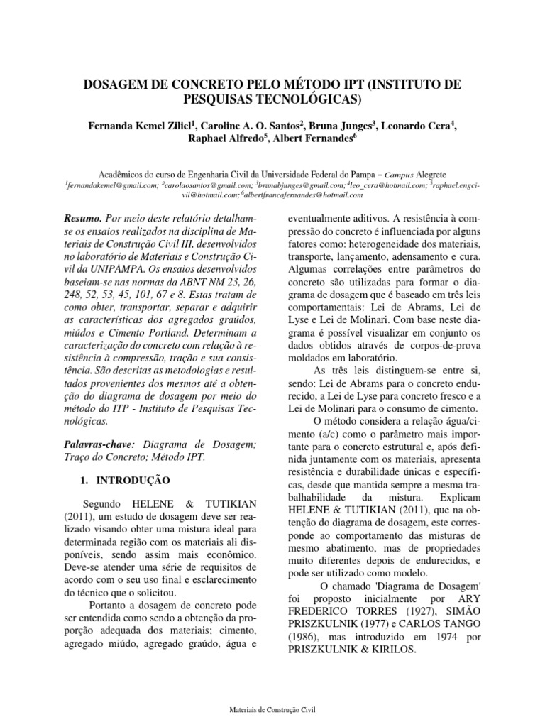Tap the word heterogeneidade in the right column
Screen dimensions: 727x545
tap(363, 242)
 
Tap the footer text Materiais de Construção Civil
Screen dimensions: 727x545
tap(272, 709)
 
